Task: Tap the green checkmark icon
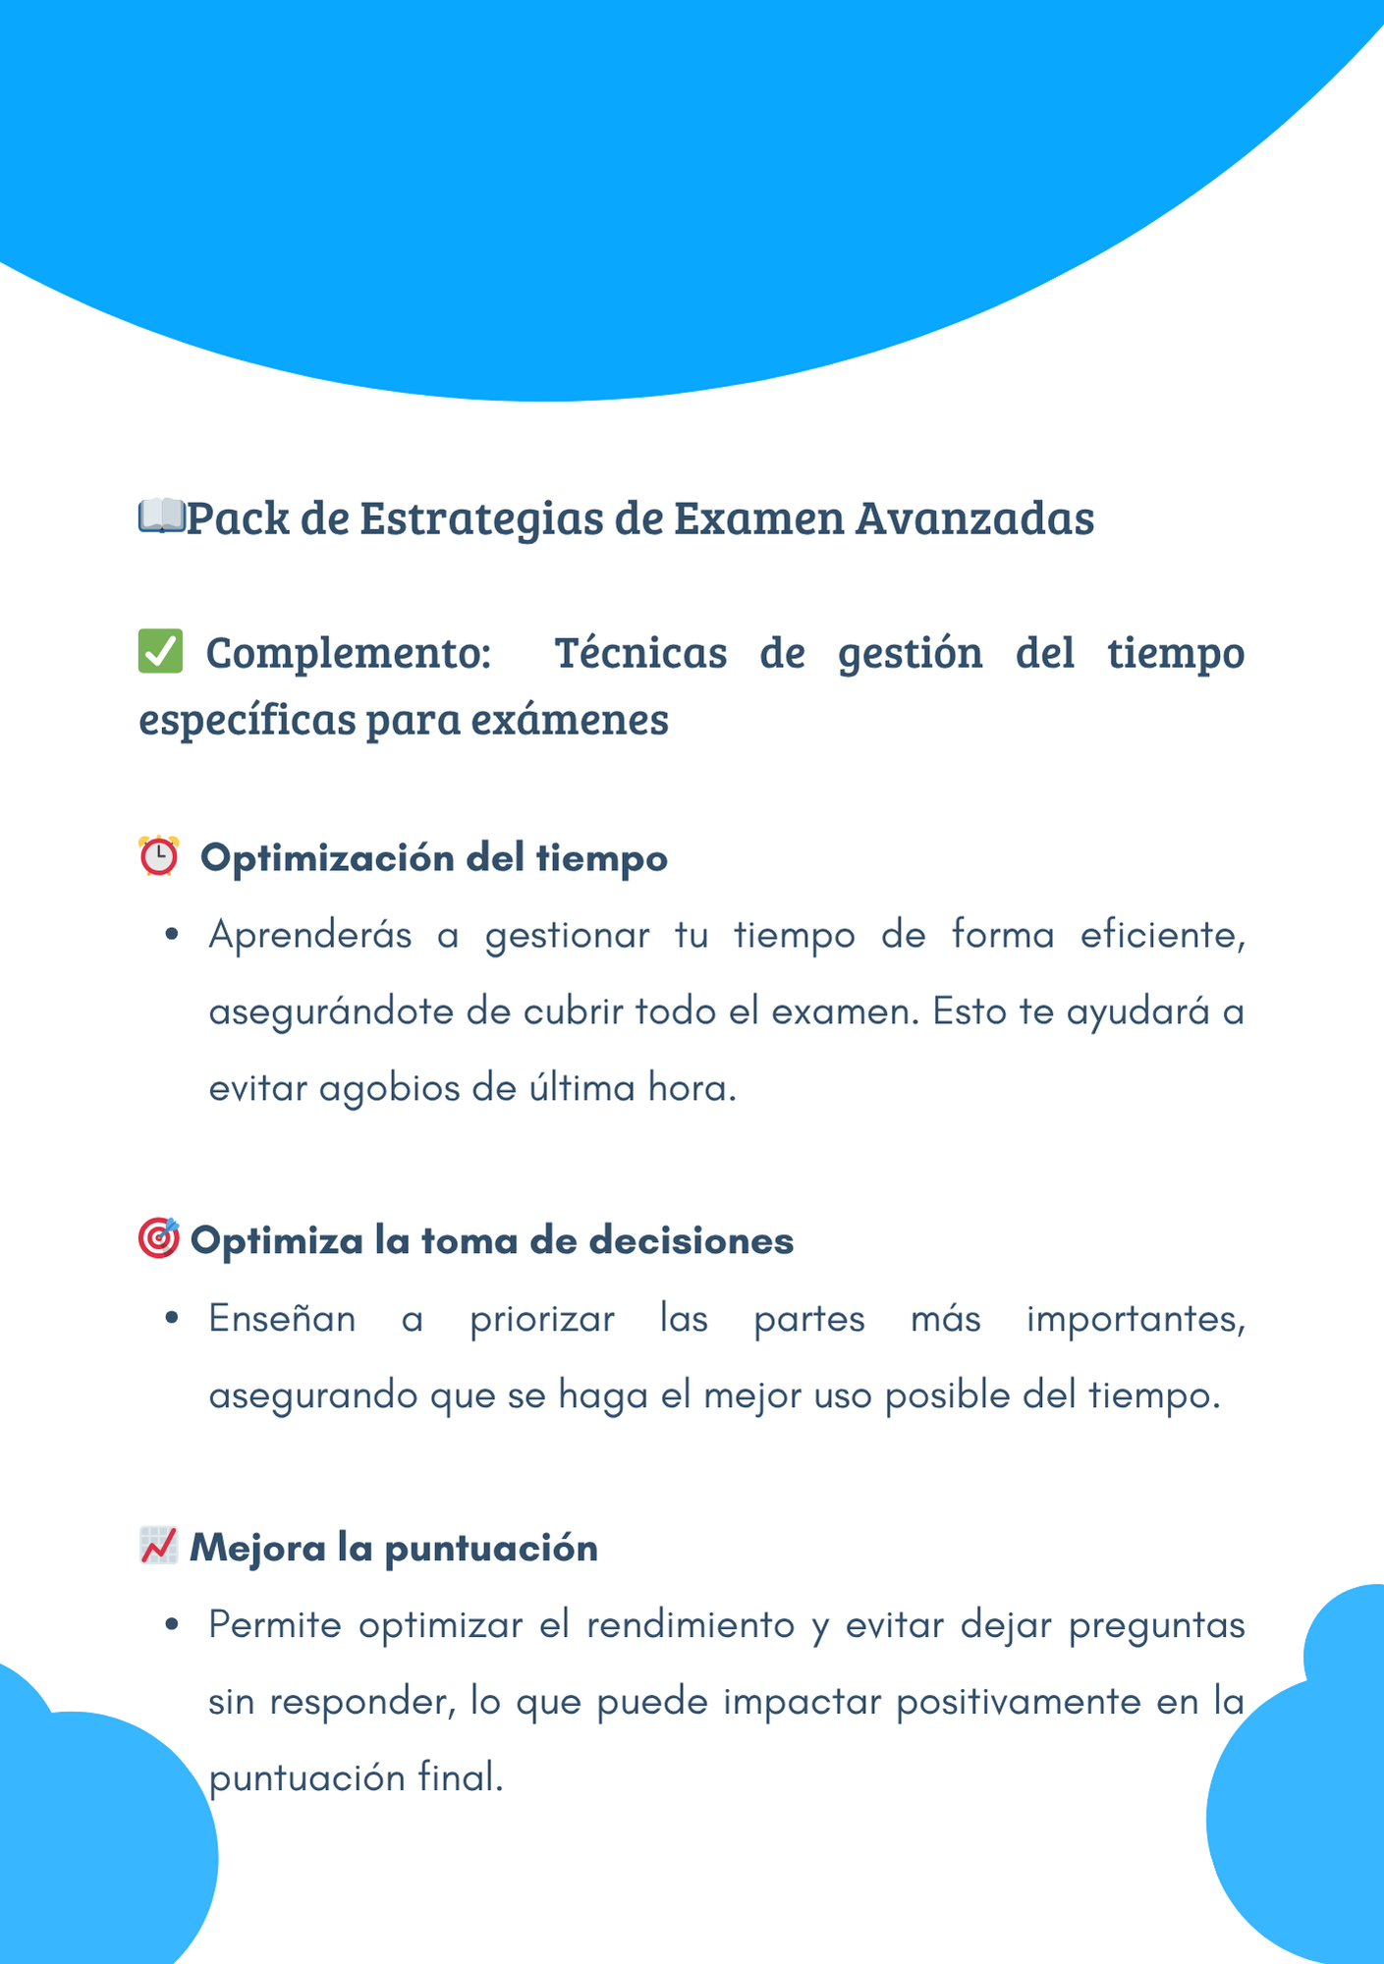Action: (160, 652)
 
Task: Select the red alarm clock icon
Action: (158, 856)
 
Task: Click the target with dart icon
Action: (158, 1238)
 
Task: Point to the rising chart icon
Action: (158, 1546)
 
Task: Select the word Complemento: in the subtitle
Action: (349, 653)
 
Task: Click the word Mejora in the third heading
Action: (257, 1548)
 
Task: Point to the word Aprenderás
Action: (310, 935)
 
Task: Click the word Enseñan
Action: (282, 1319)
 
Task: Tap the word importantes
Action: (1135, 1319)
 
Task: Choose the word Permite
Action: (275, 1625)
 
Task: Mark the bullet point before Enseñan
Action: (172, 1319)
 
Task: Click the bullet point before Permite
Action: (172, 1625)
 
